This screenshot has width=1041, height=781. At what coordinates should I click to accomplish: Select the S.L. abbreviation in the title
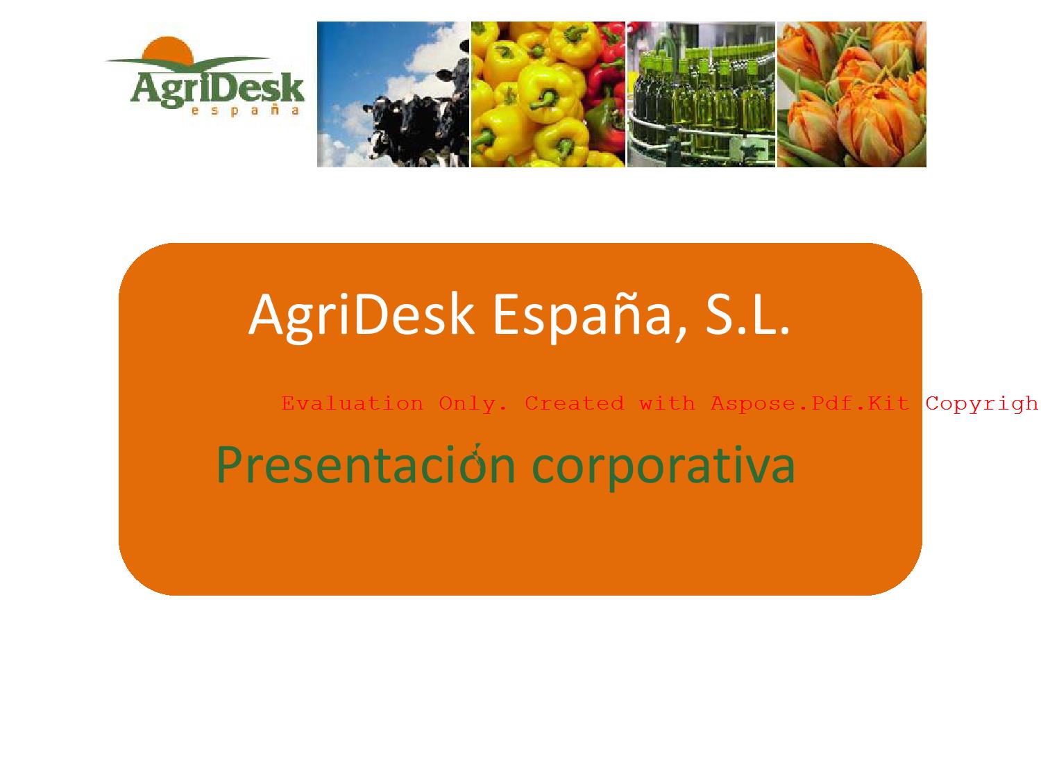tap(747, 314)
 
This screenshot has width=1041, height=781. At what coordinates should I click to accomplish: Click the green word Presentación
tap(366, 464)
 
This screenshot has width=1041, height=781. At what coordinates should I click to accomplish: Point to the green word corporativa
tap(663, 467)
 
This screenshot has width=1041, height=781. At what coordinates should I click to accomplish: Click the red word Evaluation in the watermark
tap(352, 403)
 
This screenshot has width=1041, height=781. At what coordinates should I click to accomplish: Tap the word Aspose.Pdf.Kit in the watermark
tap(810, 403)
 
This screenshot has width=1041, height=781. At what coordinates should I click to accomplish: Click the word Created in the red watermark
tap(574, 403)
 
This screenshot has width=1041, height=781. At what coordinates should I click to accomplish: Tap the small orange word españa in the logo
tap(245, 110)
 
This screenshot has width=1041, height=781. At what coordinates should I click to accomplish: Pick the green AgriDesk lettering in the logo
tap(217, 89)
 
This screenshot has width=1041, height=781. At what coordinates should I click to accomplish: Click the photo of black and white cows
tap(393, 94)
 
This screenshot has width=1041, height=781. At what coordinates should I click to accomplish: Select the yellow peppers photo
tap(548, 94)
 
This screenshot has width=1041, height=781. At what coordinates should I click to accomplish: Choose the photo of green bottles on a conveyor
tap(701, 94)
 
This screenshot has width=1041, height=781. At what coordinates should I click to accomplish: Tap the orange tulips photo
tap(852, 94)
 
